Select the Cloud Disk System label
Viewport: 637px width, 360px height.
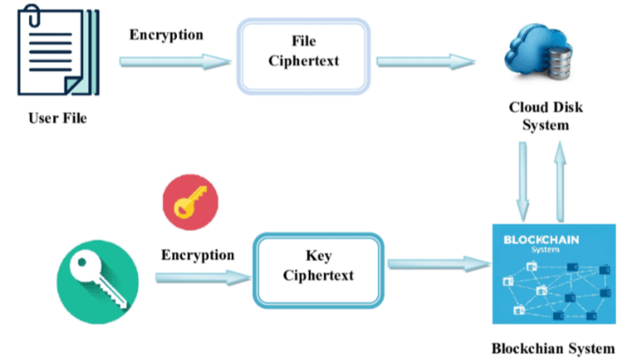pos(539,116)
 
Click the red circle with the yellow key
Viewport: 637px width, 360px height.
pos(185,203)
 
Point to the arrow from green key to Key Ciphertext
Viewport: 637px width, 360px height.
pos(201,278)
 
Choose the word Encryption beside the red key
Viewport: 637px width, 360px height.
pos(197,255)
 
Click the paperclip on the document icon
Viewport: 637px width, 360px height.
pos(33,17)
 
